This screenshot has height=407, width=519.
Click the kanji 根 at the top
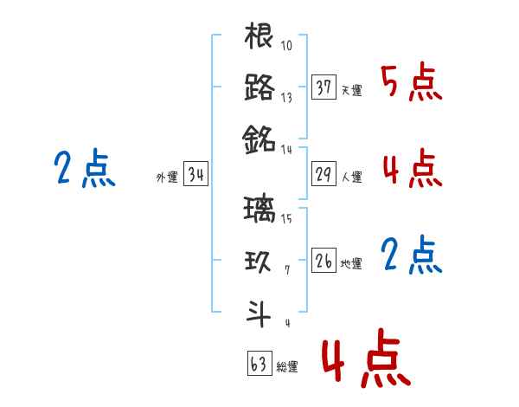coord(259,36)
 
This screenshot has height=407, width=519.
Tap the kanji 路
coord(259,87)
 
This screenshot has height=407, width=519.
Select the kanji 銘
coord(259,137)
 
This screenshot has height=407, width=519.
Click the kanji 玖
coord(259,261)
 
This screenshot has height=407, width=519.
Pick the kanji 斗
coord(259,312)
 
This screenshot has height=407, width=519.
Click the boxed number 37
coord(324,87)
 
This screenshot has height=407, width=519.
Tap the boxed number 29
coord(324,175)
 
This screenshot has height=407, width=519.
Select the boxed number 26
coord(324,261)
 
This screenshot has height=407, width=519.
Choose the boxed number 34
coord(195,176)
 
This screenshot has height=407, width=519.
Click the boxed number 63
coord(259,364)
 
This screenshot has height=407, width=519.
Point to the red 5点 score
coord(412,83)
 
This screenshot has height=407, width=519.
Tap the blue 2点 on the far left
coord(85,169)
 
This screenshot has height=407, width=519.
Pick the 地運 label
coord(351,263)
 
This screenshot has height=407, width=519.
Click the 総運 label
coord(287,367)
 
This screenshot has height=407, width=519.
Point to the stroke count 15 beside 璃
coord(286,218)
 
